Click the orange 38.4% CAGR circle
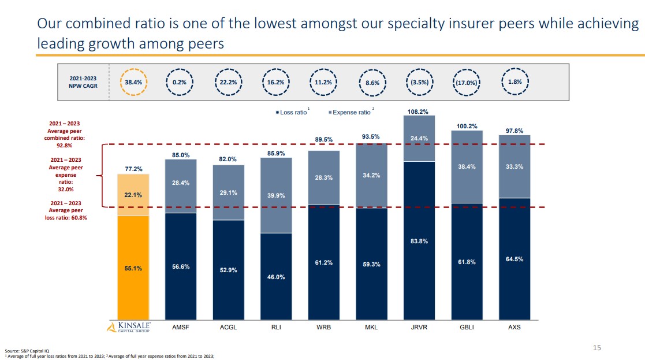134,82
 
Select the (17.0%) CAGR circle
466,82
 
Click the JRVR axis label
419,328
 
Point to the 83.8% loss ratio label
419,241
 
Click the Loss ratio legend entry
292,112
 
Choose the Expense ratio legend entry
351,112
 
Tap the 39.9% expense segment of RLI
276,196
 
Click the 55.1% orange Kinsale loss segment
133,268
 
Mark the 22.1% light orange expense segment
133,195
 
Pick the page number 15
597,347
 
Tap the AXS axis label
514,328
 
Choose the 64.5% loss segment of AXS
514,259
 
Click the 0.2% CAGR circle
179,82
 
